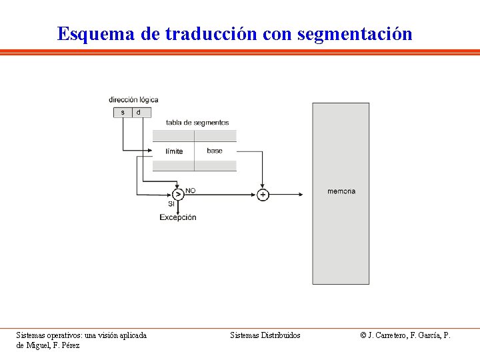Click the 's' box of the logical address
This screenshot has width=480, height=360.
pyautogui.click(x=123, y=113)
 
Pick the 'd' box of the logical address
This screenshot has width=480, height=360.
pyautogui.click(x=139, y=113)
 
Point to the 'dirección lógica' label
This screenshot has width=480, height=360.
pyautogui.click(x=133, y=100)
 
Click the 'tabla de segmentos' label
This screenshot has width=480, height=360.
pyautogui.click(x=197, y=123)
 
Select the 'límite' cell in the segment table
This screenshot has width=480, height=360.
pyautogui.click(x=174, y=151)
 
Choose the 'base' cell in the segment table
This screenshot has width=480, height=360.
pyautogui.click(x=215, y=151)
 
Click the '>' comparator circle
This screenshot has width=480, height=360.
pyautogui.click(x=177, y=195)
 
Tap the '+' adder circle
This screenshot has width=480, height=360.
pyautogui.click(x=263, y=195)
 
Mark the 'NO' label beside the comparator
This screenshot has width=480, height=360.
pyautogui.click(x=191, y=191)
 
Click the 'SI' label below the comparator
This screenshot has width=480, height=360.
pyautogui.click(x=171, y=204)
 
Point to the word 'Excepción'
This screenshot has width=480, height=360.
pyautogui.click(x=178, y=217)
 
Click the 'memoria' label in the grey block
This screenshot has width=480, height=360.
pyautogui.click(x=341, y=191)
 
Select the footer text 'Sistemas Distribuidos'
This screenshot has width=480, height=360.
pyautogui.click(x=265, y=335)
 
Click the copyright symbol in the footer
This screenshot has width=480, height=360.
pyautogui.click(x=363, y=335)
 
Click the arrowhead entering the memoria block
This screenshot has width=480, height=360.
pyautogui.click(x=301, y=195)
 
